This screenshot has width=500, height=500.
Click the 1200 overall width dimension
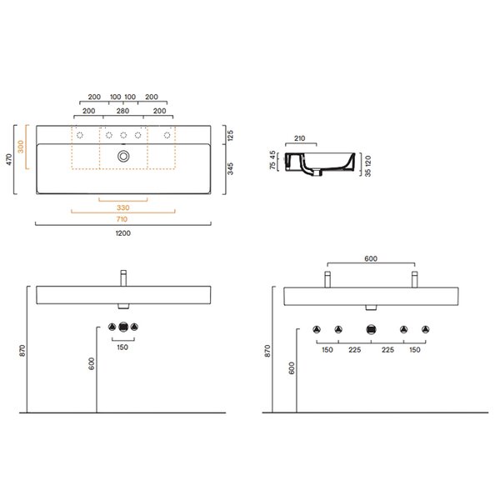[x=123, y=233]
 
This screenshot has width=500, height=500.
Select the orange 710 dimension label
[x=122, y=219]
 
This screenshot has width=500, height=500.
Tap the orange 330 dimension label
[x=122, y=207]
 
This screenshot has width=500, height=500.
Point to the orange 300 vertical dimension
[x=21, y=147]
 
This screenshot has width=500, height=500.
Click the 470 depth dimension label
[x=9, y=159]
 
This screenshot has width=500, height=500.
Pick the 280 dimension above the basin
[x=122, y=111]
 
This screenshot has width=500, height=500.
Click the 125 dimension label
[x=231, y=135]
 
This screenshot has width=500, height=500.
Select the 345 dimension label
[x=231, y=168]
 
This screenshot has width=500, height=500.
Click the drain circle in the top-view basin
[x=123, y=157]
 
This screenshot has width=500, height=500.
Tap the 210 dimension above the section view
[x=299, y=138]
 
